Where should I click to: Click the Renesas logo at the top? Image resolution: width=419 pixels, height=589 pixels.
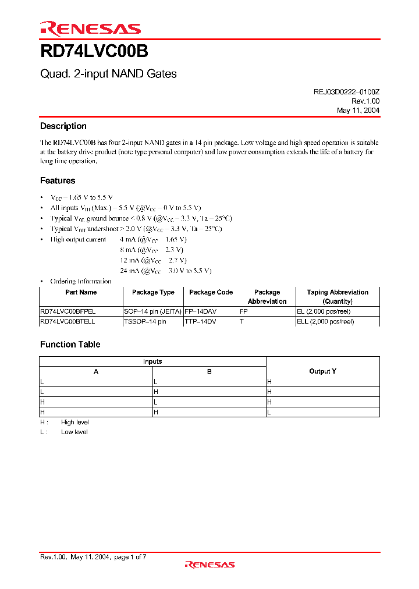click(x=90, y=28)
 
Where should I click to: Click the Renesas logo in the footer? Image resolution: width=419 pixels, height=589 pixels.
click(x=210, y=564)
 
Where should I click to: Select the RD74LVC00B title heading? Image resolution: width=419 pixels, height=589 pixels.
click(x=94, y=52)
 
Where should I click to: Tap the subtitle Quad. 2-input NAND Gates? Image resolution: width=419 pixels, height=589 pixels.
click(x=108, y=74)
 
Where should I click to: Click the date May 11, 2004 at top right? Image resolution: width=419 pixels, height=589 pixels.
click(x=358, y=110)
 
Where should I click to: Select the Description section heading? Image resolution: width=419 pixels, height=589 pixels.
click(x=63, y=126)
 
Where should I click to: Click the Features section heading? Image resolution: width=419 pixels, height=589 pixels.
click(x=58, y=180)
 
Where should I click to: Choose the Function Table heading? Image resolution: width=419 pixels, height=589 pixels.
click(x=70, y=344)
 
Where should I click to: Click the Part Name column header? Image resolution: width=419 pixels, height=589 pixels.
click(x=81, y=292)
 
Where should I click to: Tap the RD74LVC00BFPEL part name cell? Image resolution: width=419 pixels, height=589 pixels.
click(x=68, y=311)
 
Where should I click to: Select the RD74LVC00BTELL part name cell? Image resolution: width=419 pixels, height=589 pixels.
click(x=68, y=321)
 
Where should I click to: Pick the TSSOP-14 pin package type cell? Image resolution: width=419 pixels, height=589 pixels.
click(x=145, y=321)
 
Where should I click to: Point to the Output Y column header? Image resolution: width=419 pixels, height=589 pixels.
click(x=322, y=371)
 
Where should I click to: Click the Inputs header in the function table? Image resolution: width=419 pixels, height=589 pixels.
click(x=152, y=361)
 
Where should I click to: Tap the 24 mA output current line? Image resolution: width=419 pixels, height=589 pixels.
click(x=166, y=271)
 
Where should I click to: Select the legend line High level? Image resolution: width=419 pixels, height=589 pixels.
click(x=74, y=422)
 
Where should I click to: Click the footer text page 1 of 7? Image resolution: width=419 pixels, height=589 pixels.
click(x=130, y=557)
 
